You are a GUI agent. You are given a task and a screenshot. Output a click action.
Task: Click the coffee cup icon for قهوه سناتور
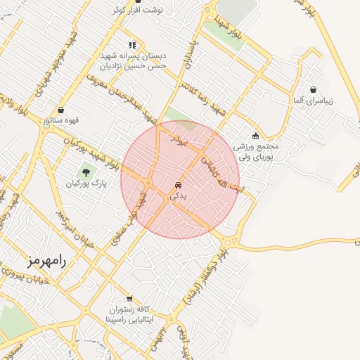[63, 109]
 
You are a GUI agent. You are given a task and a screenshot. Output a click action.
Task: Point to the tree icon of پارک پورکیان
[86, 171]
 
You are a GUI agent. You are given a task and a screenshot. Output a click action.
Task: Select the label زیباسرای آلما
[314, 101]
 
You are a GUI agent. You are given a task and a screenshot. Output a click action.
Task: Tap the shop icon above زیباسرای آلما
[313, 89]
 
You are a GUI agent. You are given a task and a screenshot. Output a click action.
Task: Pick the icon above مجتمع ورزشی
[255, 136]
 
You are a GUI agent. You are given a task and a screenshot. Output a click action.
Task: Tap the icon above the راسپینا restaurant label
[129, 298]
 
